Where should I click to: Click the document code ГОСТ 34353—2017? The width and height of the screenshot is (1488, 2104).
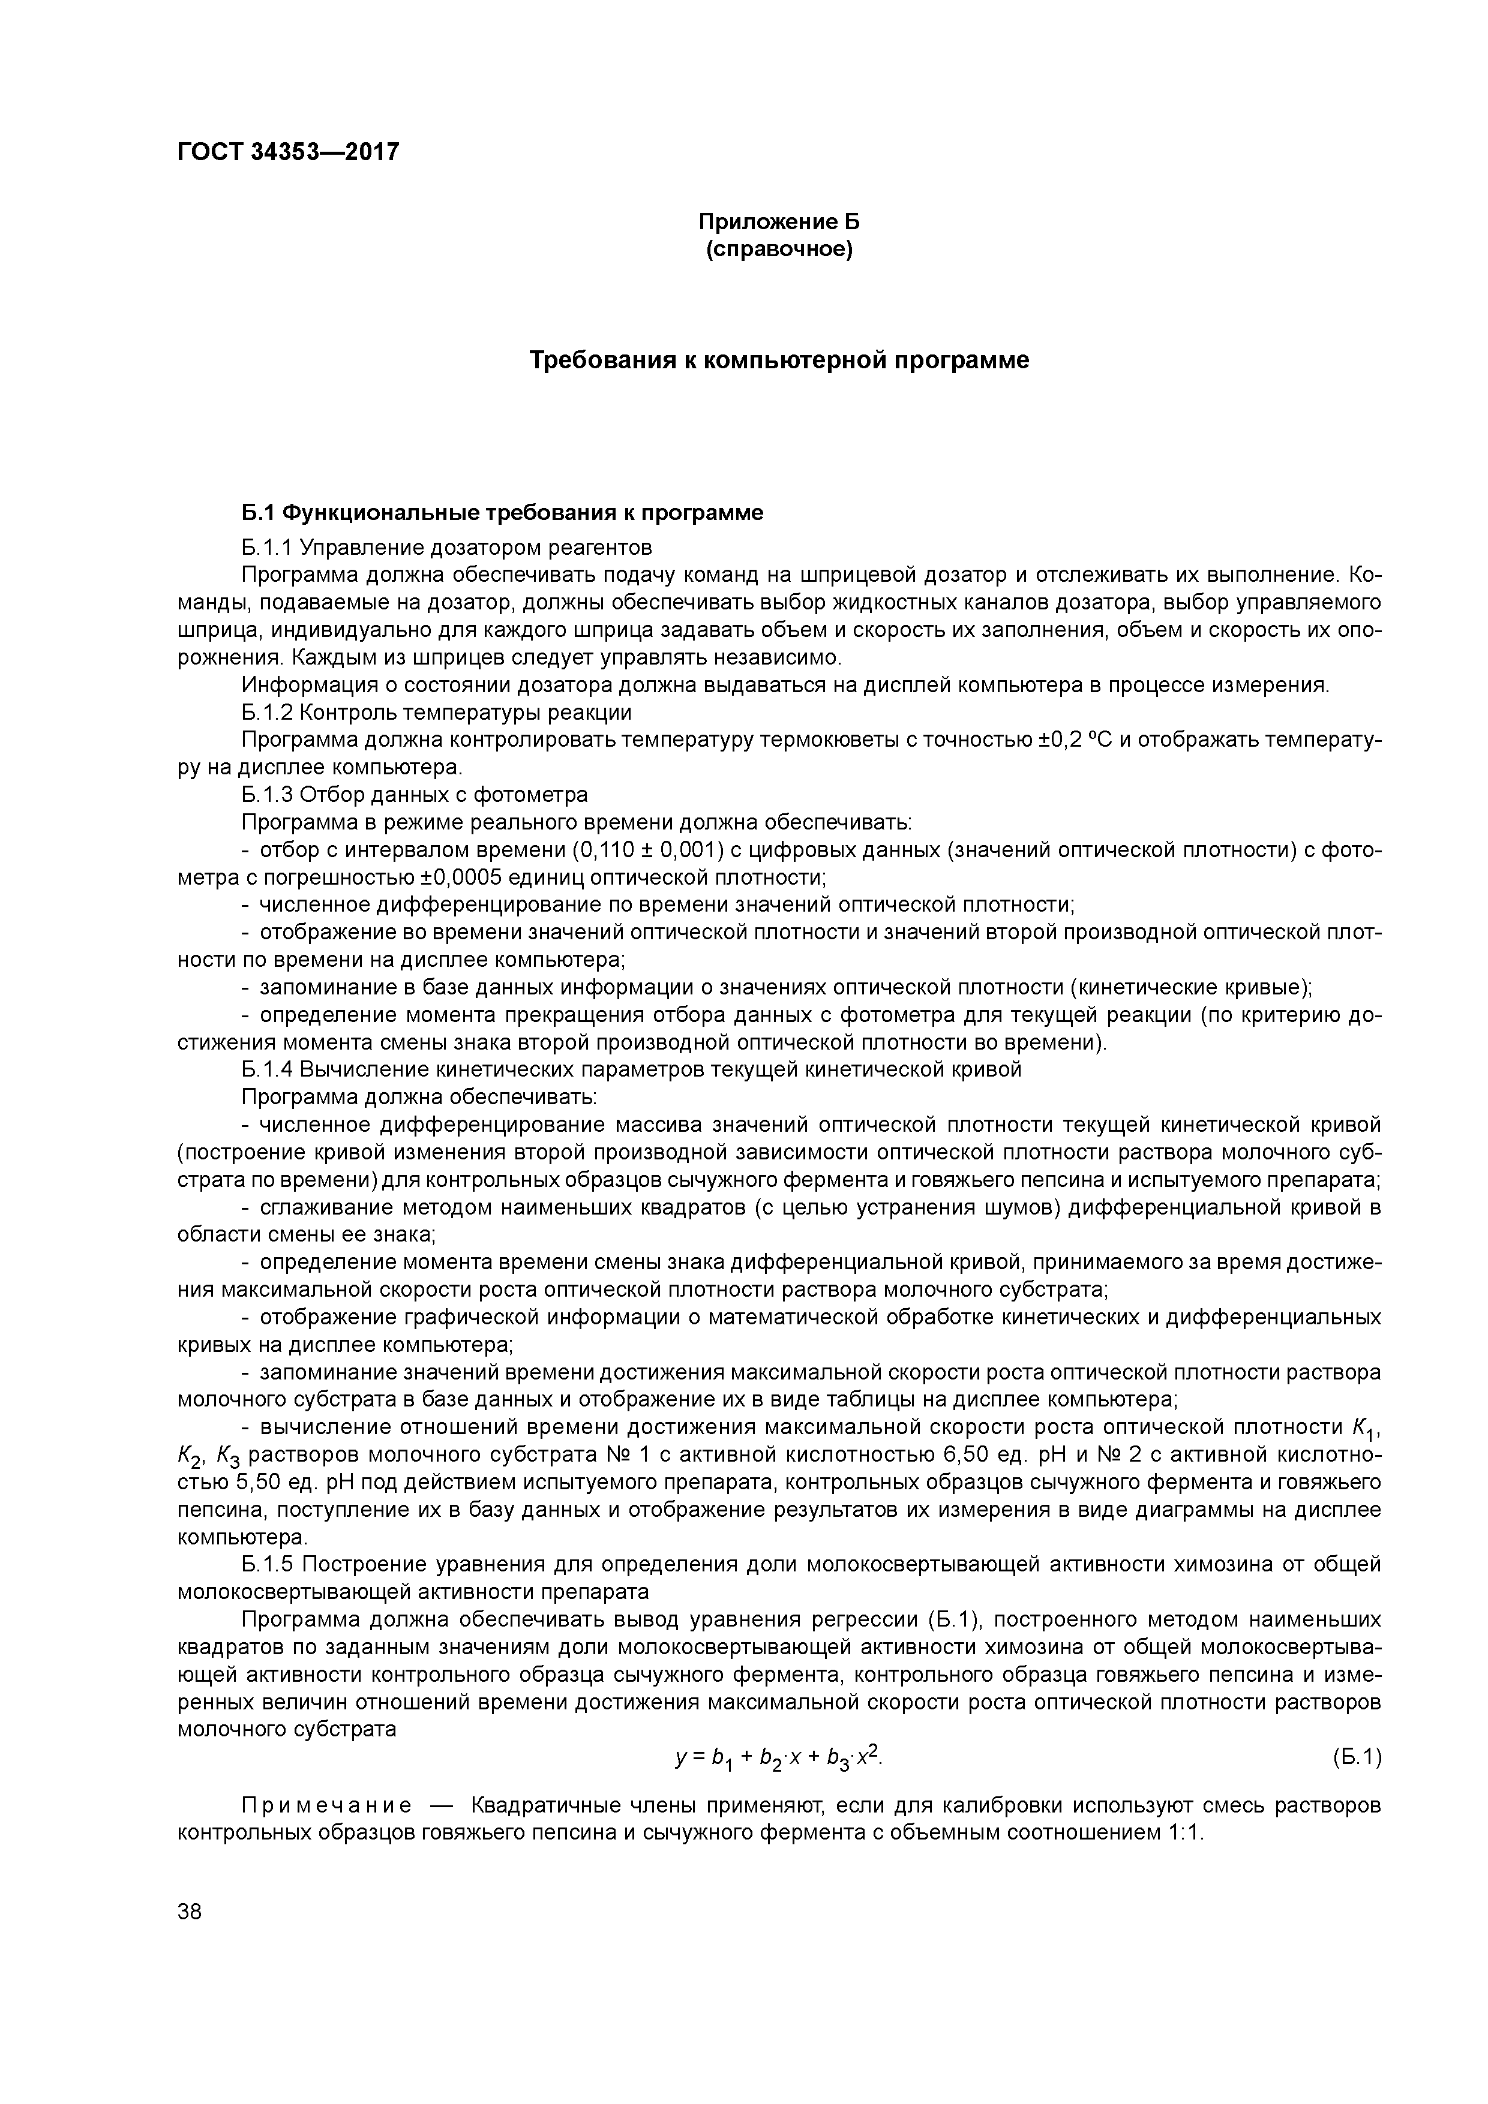tap(288, 151)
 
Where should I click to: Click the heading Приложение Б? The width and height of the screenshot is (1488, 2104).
tap(778, 222)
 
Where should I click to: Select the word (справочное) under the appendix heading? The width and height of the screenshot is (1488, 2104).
tap(778, 250)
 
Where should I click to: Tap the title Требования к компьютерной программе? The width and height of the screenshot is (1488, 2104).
tap(779, 360)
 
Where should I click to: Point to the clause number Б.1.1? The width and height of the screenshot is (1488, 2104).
tap(267, 548)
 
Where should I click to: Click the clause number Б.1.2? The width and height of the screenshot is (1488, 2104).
tap(267, 712)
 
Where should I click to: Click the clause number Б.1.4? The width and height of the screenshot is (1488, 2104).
tap(267, 1069)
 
